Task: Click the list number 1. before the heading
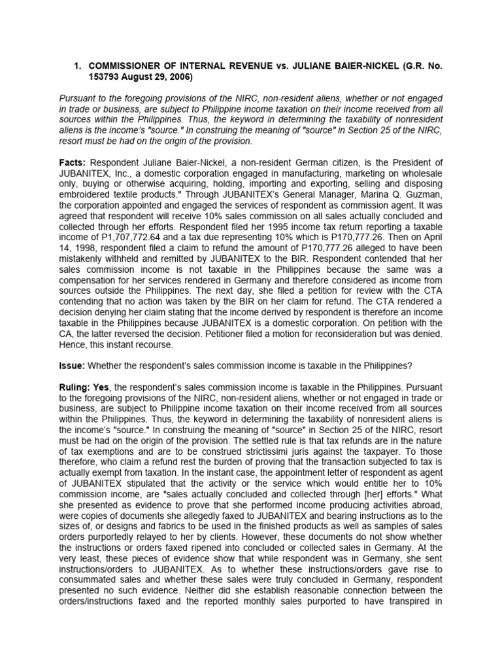tap(76, 65)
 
